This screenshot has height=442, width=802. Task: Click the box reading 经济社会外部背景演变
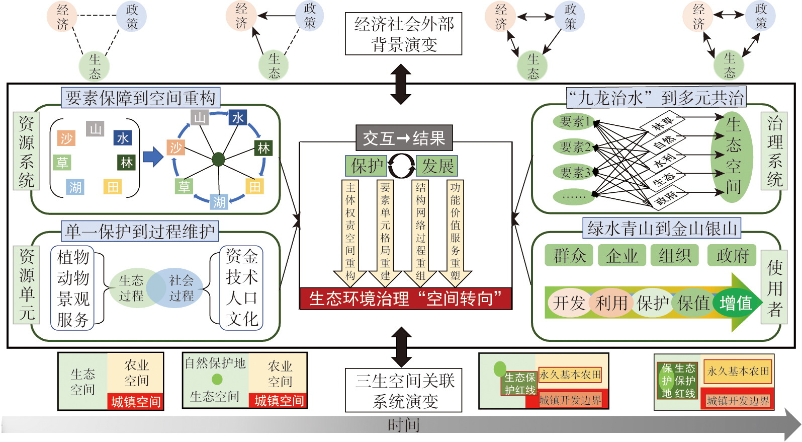pos(403,34)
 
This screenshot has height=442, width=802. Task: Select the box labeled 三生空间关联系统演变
pos(403,391)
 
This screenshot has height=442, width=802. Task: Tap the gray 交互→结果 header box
pos(404,138)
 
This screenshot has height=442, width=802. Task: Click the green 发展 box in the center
pos(437,166)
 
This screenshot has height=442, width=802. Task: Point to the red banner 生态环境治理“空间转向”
pos(405,299)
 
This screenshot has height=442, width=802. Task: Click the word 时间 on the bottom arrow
pos(403,425)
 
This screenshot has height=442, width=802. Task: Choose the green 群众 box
pos(569,256)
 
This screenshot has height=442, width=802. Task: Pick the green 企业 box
pos(622,256)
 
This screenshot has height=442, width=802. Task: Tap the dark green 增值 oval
pos(736,303)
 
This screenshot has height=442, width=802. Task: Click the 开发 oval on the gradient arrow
pos(569,303)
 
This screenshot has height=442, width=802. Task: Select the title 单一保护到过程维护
pos(140,231)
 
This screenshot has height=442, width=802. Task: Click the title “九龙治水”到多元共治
pos(656,97)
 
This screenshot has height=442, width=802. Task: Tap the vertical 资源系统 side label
pos(26,151)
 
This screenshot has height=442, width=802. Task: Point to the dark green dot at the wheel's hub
pos(218,160)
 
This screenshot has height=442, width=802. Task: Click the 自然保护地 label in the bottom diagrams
pos(215,363)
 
